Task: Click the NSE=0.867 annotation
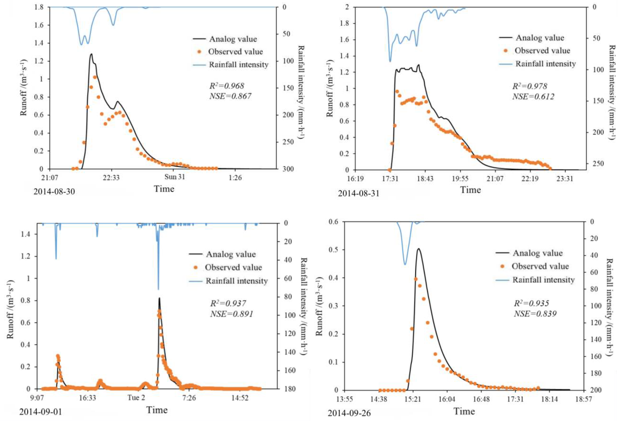click(230, 96)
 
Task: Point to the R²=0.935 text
click(531, 303)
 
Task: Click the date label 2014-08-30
click(54, 191)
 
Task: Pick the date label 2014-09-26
click(349, 413)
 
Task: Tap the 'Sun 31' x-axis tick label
click(174, 177)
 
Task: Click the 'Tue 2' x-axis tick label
click(136, 398)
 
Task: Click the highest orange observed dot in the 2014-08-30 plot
click(95, 77)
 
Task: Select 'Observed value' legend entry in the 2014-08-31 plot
click(542, 50)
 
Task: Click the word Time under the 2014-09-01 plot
click(157, 410)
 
